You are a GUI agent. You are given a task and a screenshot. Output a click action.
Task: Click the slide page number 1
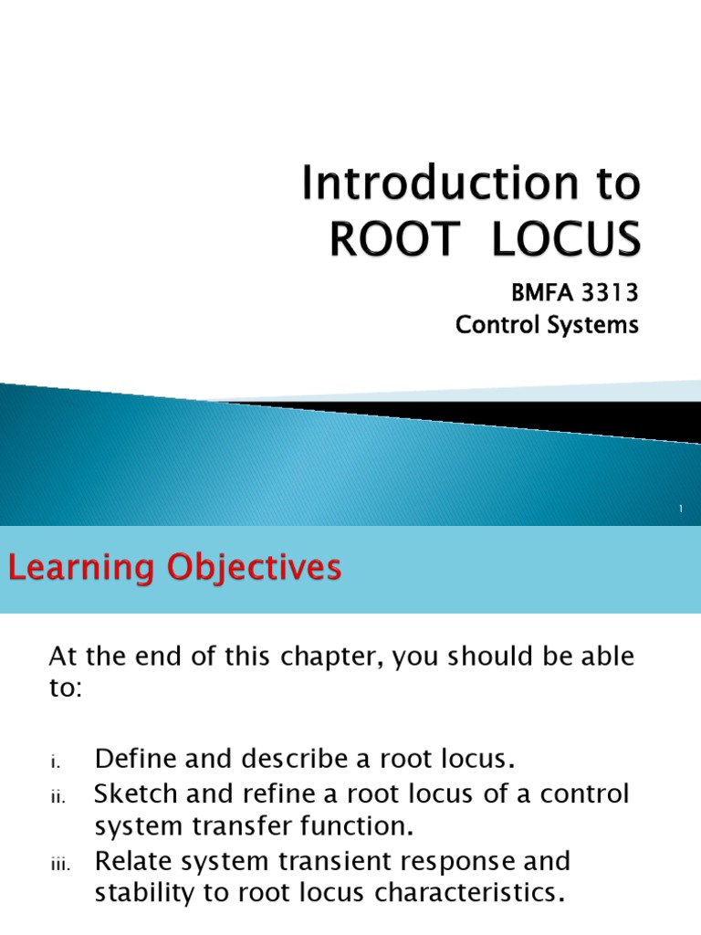click(681, 510)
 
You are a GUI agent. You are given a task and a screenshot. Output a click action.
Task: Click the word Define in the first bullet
click(133, 758)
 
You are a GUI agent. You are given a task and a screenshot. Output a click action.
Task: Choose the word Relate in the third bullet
click(134, 861)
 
